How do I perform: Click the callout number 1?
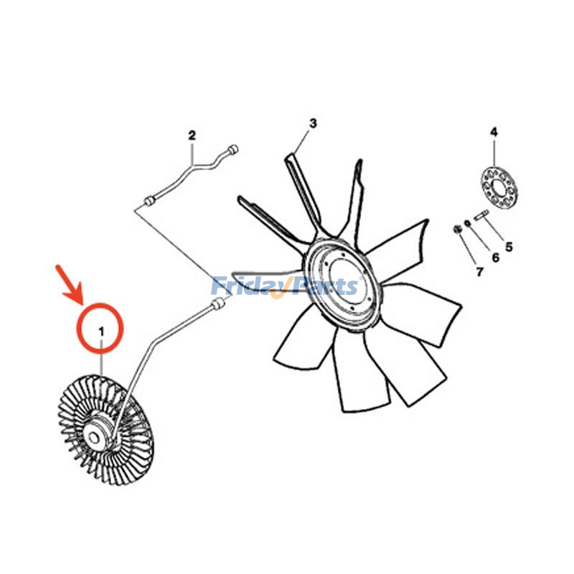101,331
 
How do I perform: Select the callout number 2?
192,135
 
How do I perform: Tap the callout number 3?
313,123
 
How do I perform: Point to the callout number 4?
494,132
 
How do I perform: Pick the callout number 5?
509,247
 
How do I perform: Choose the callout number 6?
494,257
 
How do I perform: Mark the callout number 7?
479,271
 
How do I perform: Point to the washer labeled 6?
468,223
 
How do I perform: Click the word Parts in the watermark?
323,287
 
